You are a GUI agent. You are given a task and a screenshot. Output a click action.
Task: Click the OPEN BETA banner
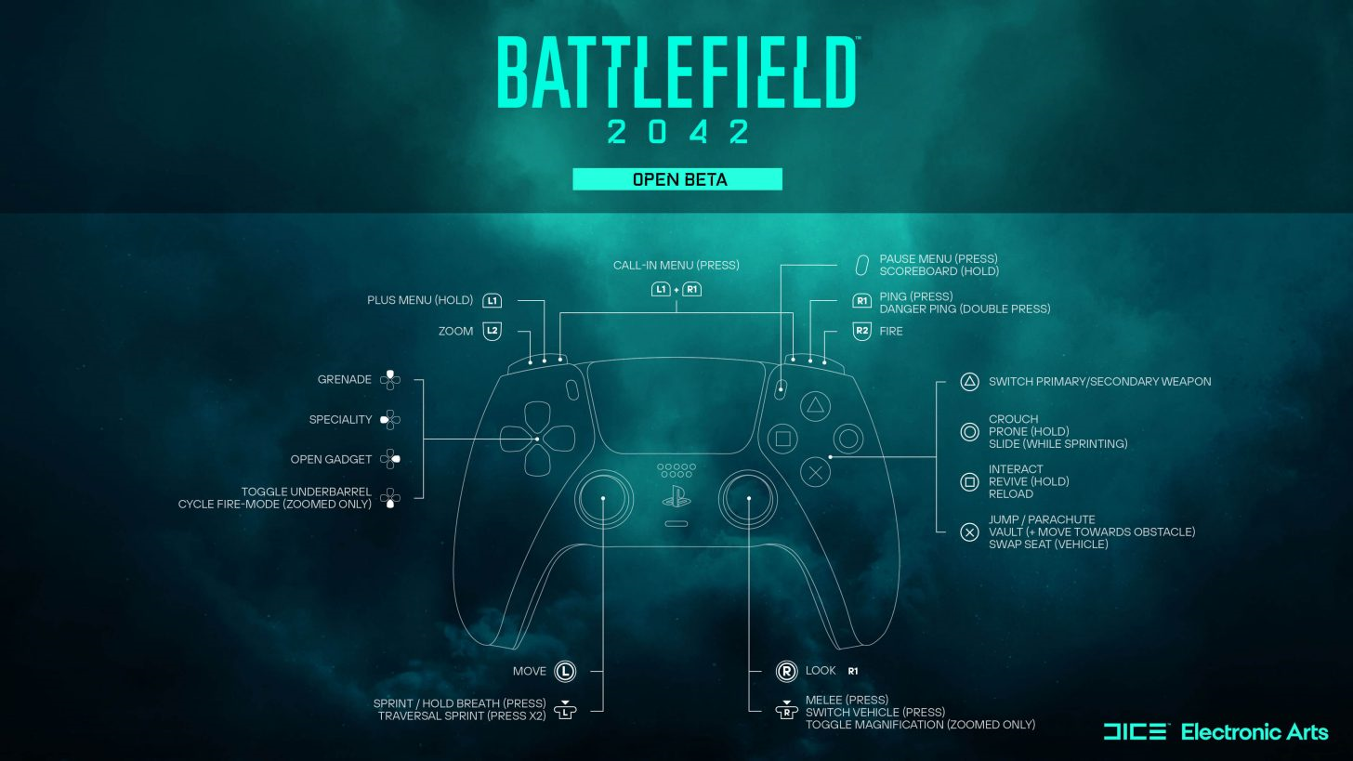[x=677, y=179]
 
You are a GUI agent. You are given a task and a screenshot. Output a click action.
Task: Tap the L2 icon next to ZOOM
[x=493, y=331]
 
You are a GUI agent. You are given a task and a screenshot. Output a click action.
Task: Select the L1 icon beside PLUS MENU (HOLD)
[x=492, y=300]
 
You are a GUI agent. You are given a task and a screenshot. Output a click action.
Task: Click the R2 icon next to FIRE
[x=861, y=331]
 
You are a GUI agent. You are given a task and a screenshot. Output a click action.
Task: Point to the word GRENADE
[x=344, y=379]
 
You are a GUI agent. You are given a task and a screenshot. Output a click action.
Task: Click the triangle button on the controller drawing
[x=816, y=405]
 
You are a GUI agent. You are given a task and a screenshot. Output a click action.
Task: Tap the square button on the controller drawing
[x=782, y=439]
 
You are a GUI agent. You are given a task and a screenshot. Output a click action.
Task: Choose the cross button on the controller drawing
[x=816, y=472]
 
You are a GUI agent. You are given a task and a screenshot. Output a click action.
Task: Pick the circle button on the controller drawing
[x=848, y=439]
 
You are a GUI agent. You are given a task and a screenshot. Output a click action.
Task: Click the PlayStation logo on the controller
[x=676, y=496]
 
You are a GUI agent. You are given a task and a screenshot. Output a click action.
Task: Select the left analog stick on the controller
[x=603, y=499]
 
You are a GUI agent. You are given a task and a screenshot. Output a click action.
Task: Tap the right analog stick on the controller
[x=748, y=499]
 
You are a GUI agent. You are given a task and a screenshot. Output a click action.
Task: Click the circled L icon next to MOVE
[x=565, y=671]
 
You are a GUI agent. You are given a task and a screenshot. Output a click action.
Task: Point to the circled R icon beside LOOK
[x=786, y=671]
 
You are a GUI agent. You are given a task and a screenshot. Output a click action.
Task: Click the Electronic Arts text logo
[x=1254, y=732]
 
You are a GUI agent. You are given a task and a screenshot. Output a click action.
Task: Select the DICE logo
[x=1135, y=731]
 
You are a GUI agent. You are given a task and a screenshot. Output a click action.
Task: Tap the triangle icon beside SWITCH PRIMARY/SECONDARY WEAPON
[x=969, y=382]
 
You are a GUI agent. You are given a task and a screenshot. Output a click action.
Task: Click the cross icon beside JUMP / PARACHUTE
[x=969, y=532]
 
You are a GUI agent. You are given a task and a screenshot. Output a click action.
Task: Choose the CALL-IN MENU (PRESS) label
[x=676, y=265]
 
